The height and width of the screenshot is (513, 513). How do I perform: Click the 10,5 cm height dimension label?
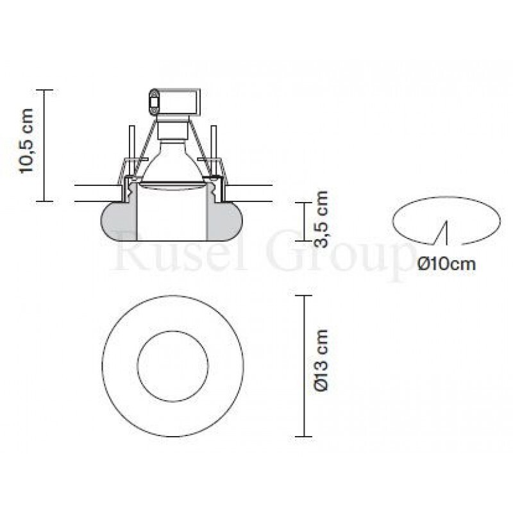28,146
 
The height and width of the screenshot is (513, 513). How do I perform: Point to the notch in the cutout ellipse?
442,232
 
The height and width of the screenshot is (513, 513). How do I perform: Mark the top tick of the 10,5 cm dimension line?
44,90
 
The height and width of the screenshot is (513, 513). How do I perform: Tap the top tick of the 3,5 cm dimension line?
303,202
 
